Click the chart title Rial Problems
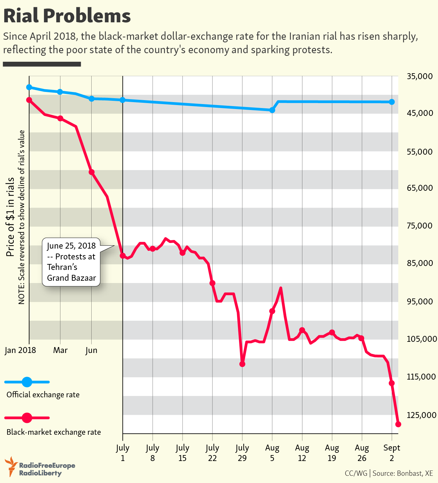tap(67, 16)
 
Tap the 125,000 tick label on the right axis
tap(421, 415)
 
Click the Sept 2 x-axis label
tap(392, 452)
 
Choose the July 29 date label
tap(242, 452)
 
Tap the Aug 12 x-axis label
tap(302, 452)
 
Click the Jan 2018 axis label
tap(20, 350)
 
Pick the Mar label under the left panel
tap(60, 350)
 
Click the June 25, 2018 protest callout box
tap(71, 262)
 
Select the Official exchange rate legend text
tap(43, 394)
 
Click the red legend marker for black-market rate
tap(27, 418)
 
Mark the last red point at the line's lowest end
tap(398, 424)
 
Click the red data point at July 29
tap(242, 364)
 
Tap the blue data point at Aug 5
tap(272, 110)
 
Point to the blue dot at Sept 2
tap(392, 102)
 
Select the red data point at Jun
tap(92, 172)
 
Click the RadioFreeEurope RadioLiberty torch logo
tap(11, 466)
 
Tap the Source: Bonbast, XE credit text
tap(403, 473)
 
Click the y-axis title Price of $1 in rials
tap(11, 217)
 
